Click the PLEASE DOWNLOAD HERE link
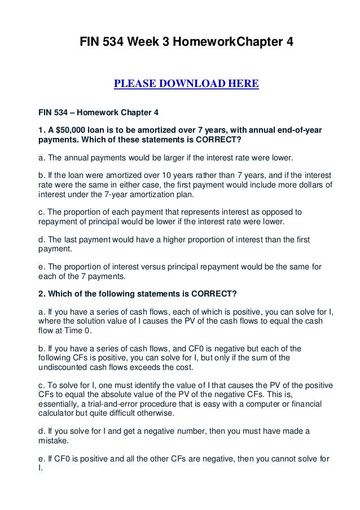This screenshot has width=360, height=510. (x=186, y=85)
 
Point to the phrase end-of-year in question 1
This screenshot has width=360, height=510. (x=298, y=130)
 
